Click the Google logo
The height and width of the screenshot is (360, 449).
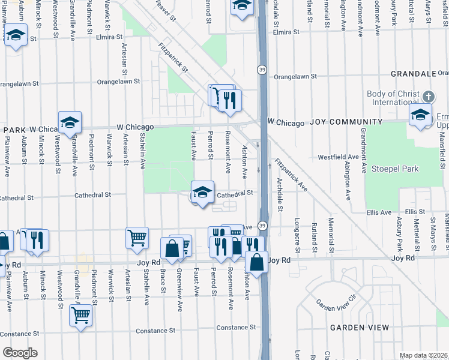(x=20, y=353)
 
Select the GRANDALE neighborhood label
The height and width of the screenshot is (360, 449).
(x=412, y=74)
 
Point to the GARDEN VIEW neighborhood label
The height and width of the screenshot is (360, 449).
(x=359, y=328)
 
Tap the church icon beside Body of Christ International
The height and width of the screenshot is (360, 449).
(x=428, y=97)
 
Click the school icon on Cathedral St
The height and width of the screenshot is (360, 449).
(x=203, y=193)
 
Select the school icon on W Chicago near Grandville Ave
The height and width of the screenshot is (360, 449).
(x=70, y=123)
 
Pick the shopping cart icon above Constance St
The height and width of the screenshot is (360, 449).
(x=80, y=314)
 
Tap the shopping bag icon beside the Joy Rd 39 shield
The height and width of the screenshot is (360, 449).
(x=257, y=262)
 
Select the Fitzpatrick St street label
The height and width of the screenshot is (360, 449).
(x=173, y=58)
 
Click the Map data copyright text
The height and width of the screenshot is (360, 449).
(x=424, y=355)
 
